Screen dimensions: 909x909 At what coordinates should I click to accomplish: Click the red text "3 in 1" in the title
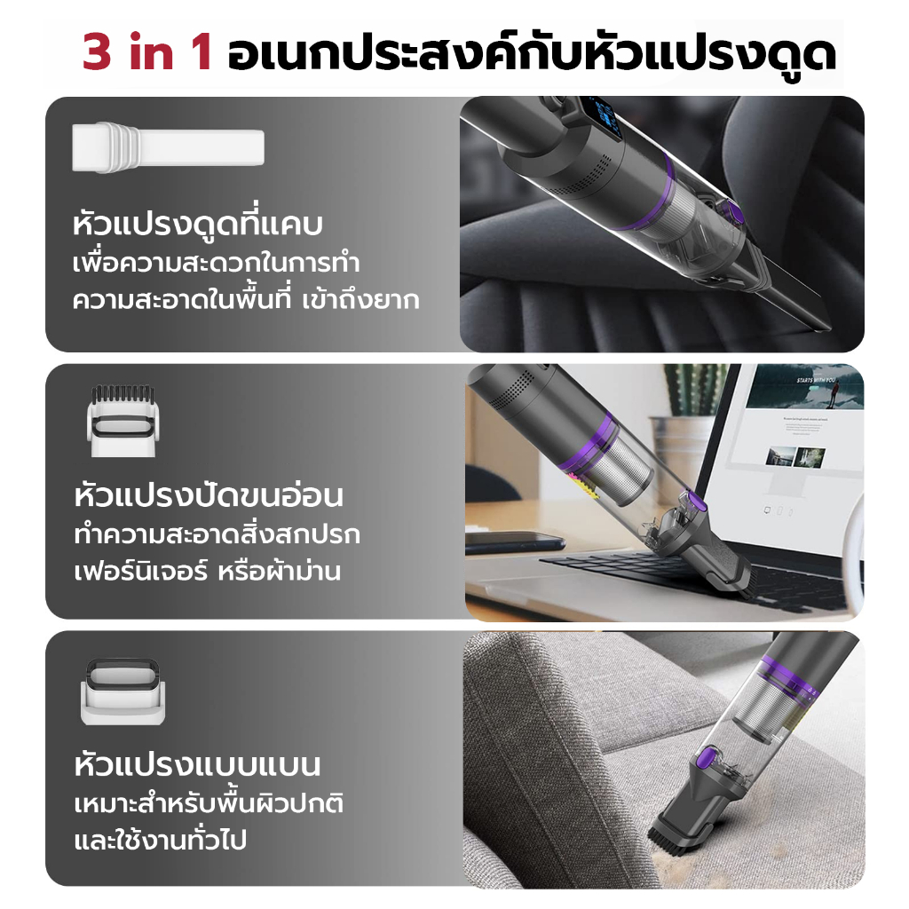[146, 52]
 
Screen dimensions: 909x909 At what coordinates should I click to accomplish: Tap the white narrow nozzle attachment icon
[168, 147]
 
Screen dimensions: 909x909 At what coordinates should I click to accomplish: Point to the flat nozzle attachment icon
[123, 692]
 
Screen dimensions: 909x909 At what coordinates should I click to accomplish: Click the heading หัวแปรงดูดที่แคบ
[197, 223]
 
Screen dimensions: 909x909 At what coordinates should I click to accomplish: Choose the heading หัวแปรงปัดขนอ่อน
[209, 495]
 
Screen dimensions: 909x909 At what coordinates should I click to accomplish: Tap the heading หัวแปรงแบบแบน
[197, 765]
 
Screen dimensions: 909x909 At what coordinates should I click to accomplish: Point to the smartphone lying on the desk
[514, 541]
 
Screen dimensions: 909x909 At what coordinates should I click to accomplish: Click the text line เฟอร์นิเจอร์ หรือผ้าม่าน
[208, 571]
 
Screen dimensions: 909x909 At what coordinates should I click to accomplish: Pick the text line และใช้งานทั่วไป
[161, 840]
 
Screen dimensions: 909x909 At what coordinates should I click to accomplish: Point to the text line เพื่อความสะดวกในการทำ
[217, 263]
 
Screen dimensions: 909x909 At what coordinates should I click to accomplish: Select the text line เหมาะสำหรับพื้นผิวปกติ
[209, 803]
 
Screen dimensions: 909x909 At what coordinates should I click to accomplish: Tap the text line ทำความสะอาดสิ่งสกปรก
[217, 534]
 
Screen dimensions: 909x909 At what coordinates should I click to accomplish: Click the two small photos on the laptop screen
[795, 457]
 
